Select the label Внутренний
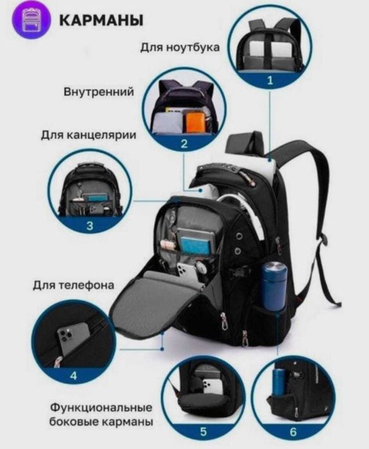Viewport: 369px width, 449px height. click(x=99, y=92)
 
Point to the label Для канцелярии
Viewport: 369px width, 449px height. click(x=88, y=135)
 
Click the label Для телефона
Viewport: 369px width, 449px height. click(x=74, y=284)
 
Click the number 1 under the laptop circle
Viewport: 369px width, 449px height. click(x=270, y=80)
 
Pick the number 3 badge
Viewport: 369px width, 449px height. click(x=89, y=225)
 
